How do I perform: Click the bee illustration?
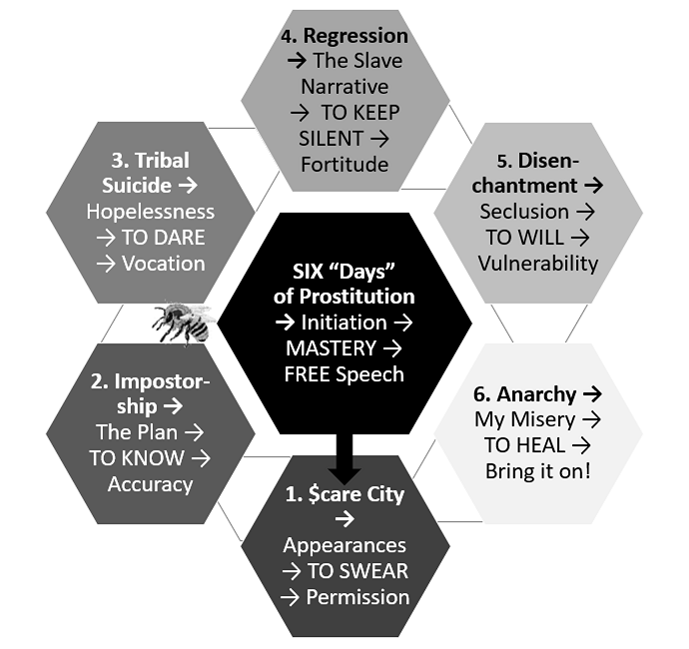pyautogui.click(x=183, y=323)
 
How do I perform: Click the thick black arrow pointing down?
pyautogui.click(x=344, y=458)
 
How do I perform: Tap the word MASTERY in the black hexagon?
pyautogui.click(x=331, y=348)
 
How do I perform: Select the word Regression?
pyautogui.click(x=355, y=36)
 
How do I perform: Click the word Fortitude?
pyautogui.click(x=344, y=165)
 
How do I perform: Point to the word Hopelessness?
pyautogui.click(x=150, y=212)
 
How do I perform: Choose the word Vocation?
pyautogui.click(x=164, y=264)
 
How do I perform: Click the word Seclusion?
pyautogui.click(x=524, y=212)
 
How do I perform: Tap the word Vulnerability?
pyautogui.click(x=538, y=264)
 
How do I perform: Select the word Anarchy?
pyautogui.click(x=536, y=394)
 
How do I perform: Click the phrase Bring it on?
pyautogui.click(x=538, y=471)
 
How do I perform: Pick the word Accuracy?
pyautogui.click(x=150, y=484)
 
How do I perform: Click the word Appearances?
pyautogui.click(x=344, y=546)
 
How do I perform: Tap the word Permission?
pyautogui.click(x=357, y=597)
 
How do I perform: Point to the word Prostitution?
pyautogui.click(x=356, y=297)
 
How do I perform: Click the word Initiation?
pyautogui.click(x=344, y=323)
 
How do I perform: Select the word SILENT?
pyautogui.click(x=331, y=139)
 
